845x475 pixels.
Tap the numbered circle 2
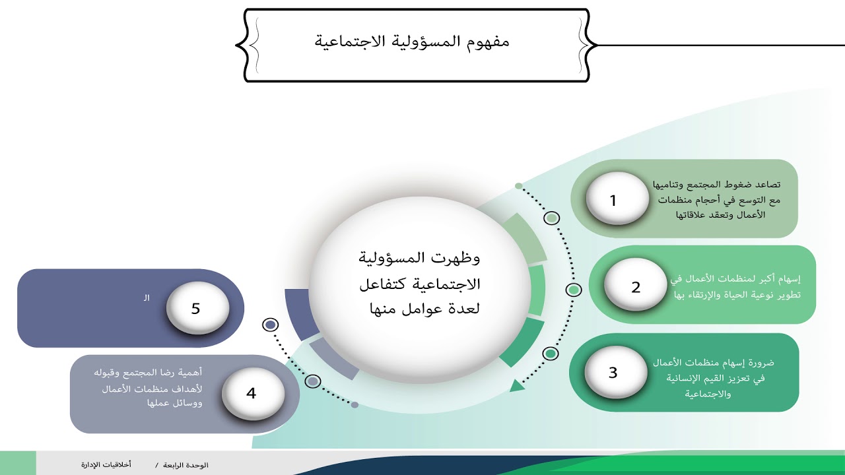[x=636, y=286]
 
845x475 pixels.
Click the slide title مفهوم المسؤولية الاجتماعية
[x=412, y=42]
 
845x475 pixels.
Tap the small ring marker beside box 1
[x=552, y=218]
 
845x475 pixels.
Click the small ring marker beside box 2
[x=574, y=290]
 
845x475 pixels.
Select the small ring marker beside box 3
[x=551, y=354]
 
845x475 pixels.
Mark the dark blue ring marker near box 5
[x=270, y=325]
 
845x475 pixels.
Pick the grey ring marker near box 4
[x=314, y=381]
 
